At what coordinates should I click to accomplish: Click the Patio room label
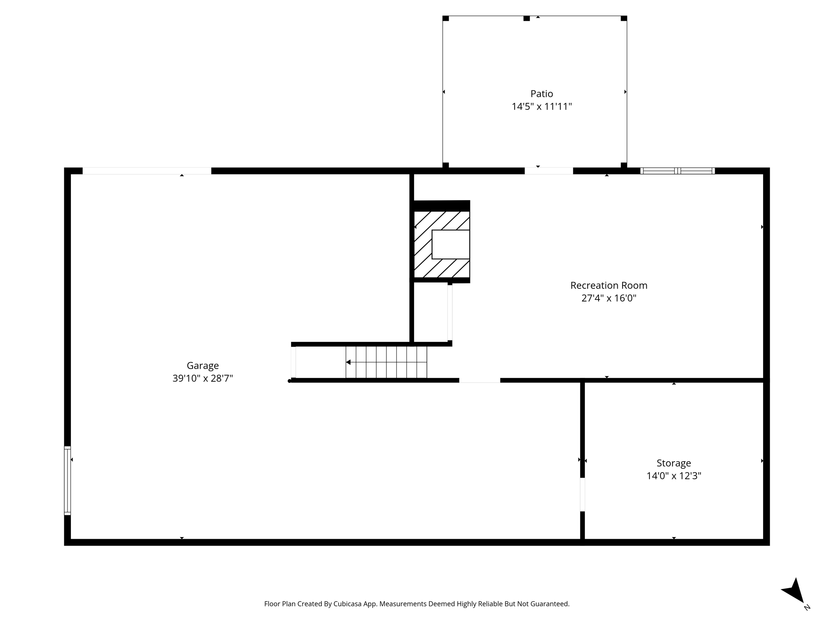[542, 94]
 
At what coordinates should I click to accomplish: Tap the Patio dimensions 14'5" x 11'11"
[542, 107]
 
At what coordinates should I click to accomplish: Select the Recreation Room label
[608, 286]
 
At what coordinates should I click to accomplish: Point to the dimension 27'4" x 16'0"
[608, 298]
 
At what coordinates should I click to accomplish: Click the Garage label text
[203, 366]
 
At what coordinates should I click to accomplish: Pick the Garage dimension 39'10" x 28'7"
[203, 378]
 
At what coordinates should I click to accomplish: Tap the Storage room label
[674, 463]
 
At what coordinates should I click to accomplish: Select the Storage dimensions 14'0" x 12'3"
[674, 476]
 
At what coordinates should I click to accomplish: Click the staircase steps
[386, 362]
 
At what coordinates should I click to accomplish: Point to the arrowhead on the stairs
[348, 362]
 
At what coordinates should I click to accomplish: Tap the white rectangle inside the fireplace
[450, 245]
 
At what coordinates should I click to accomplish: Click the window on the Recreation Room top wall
[677, 171]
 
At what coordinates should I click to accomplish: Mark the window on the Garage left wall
[68, 481]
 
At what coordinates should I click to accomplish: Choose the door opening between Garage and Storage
[582, 494]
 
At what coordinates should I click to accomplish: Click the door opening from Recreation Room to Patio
[549, 171]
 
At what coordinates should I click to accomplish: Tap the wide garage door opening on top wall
[147, 171]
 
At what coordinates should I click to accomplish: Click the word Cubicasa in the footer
[348, 604]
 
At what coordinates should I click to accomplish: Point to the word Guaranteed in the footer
[549, 604]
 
